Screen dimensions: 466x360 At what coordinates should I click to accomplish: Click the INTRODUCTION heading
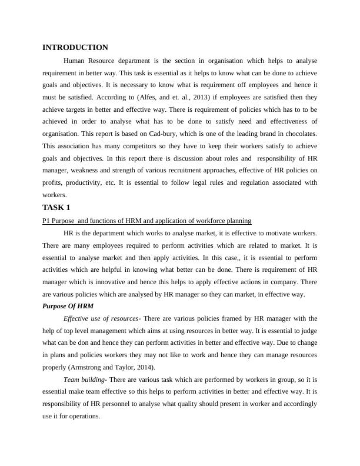[75, 47]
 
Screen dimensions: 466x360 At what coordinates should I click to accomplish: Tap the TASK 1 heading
[56, 207]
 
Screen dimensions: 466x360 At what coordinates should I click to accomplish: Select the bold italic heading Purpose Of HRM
[68, 306]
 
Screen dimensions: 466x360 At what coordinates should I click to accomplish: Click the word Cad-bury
[167, 134]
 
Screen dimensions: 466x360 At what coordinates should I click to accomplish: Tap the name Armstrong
[87, 367]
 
